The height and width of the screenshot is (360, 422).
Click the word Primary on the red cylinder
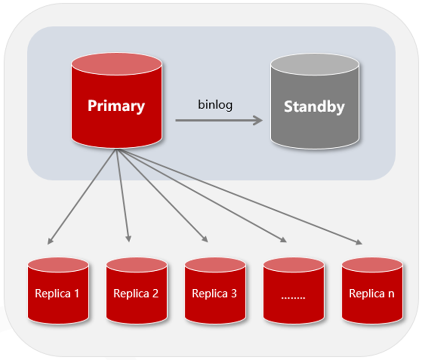116,106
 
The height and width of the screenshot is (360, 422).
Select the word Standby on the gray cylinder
314,106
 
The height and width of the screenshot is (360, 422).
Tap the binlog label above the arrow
215,104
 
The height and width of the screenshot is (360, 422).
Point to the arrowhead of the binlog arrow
259,120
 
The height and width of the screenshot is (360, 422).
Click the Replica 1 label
58,294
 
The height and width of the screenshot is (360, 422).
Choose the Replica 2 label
136,294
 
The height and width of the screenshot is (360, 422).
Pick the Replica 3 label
214,294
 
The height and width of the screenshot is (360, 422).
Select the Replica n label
372,294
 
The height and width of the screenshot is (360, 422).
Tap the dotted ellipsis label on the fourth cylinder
293,296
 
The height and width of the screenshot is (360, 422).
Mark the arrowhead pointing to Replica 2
128,239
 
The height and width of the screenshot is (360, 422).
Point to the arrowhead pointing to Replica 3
205,240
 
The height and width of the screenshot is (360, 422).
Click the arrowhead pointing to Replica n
360,242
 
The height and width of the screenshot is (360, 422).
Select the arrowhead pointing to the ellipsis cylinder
283,240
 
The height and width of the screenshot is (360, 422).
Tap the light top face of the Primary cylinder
116,64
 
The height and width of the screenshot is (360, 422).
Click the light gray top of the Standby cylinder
314,65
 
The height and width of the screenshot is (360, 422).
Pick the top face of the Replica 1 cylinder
58,264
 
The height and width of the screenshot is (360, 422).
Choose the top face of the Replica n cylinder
372,264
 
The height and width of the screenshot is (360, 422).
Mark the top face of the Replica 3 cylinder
215,264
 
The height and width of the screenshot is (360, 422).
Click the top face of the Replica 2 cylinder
137,264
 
